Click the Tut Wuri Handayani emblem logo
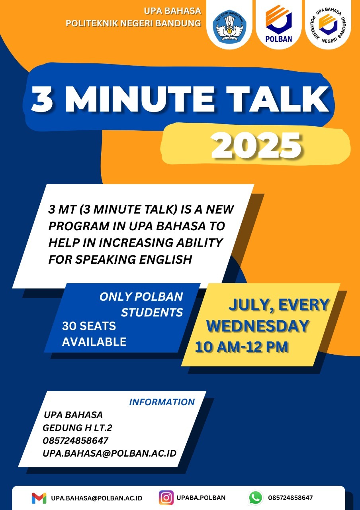pos(229,27)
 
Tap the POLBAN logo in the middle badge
pos(278,24)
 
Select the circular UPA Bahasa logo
pos(328,25)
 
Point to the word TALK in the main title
pos(278,99)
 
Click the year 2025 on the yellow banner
pos(256,145)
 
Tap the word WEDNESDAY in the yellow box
pos(257,326)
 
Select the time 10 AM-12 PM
pos(242,347)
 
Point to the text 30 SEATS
pos(89,326)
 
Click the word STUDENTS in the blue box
pos(152,312)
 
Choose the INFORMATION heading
pos(162,402)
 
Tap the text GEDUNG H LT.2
pos(77,428)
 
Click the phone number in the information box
pos(75,441)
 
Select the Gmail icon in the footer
pos(39,498)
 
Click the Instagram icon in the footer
pos(166,498)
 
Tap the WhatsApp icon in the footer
pos(256,498)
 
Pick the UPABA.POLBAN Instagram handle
pos(201,498)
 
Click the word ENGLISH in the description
pos(166,259)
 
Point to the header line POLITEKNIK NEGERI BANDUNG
pos(133,23)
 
